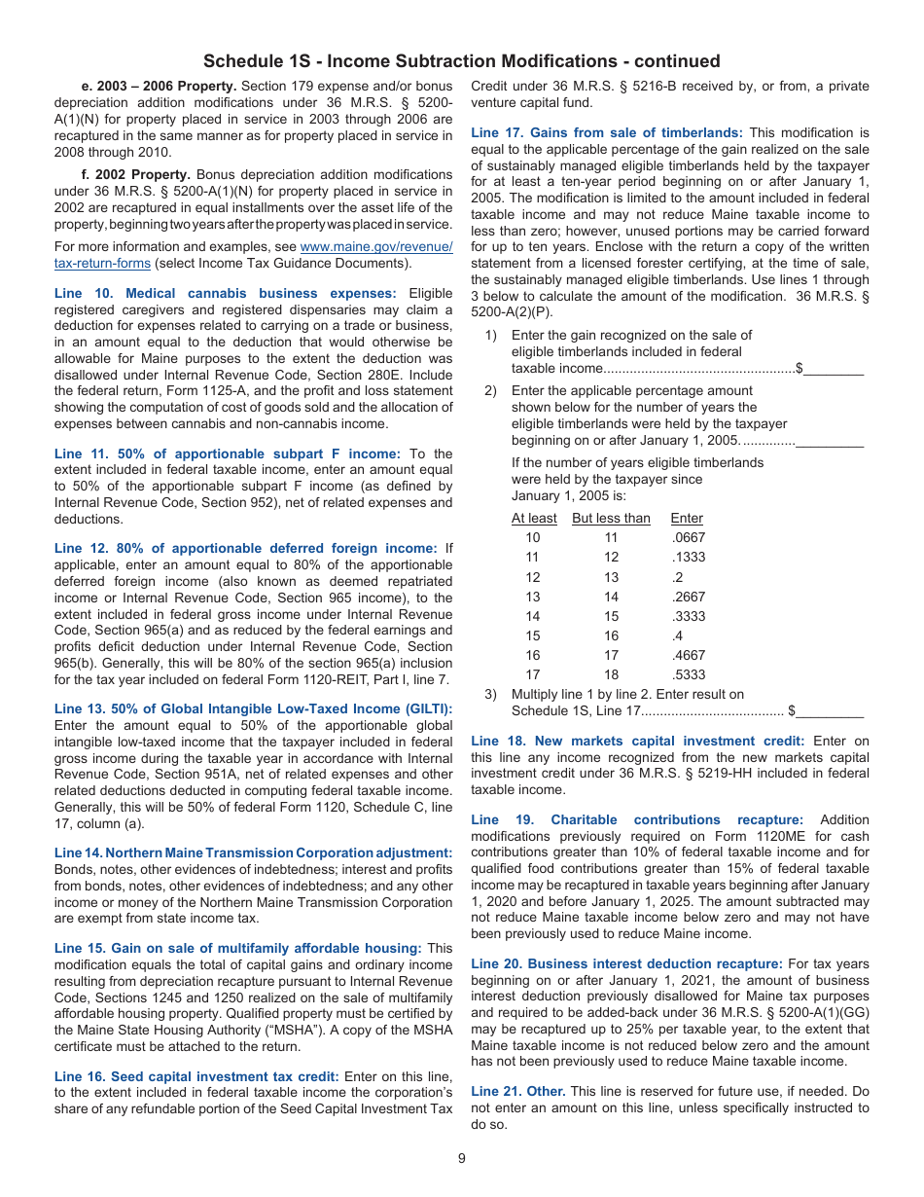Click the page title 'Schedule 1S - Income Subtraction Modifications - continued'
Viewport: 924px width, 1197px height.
[462, 61]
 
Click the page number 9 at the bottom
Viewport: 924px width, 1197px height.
[462, 1158]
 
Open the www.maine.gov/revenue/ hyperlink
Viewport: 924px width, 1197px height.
[376, 247]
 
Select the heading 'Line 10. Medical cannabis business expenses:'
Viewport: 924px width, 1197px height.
[226, 293]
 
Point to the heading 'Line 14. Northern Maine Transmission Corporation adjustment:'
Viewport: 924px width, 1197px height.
[253, 852]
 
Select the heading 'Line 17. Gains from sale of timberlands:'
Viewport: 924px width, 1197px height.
[607, 132]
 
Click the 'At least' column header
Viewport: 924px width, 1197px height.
[534, 519]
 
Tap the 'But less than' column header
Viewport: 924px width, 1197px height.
[611, 519]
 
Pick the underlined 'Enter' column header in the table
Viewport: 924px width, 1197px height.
[687, 519]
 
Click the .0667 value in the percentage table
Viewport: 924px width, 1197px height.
[688, 537]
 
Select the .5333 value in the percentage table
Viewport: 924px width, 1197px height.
[688, 674]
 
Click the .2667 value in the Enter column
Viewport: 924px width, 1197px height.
[688, 597]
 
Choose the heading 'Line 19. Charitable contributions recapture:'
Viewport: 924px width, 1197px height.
[637, 820]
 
